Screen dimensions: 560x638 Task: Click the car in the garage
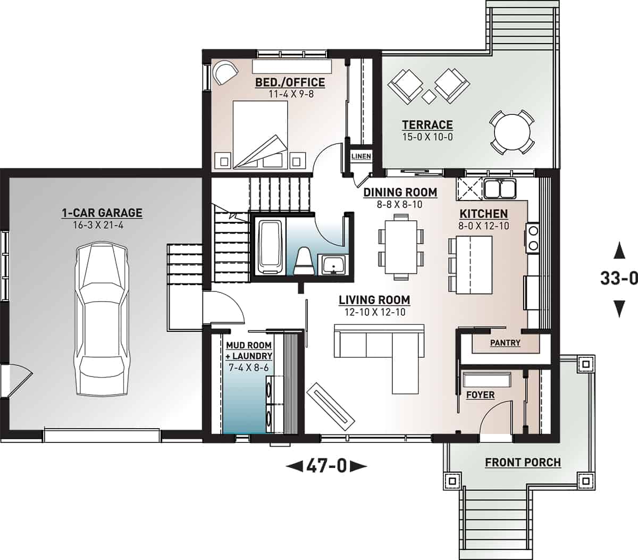point(102,319)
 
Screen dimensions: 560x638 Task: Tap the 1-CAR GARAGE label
point(102,213)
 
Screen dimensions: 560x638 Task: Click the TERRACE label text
point(427,125)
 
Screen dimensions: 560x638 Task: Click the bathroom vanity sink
point(333,264)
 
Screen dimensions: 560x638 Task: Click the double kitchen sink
point(500,188)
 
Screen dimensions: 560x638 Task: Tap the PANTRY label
point(505,343)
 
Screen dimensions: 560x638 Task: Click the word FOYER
point(480,395)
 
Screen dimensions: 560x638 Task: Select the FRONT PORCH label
point(523,462)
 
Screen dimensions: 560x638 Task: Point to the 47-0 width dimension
point(326,466)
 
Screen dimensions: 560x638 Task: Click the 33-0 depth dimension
point(618,278)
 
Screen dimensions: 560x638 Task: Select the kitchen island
point(472,265)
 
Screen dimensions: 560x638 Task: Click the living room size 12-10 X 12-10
point(374,312)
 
